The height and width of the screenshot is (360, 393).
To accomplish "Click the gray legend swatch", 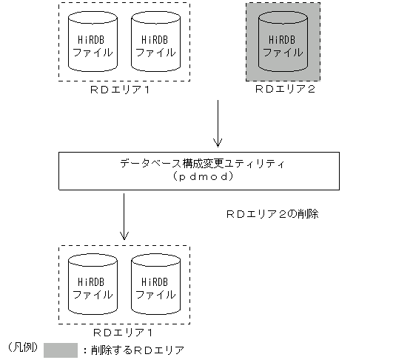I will pyautogui.click(x=61, y=349).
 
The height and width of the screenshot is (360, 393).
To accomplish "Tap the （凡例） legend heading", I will pyautogui.click(x=22, y=347).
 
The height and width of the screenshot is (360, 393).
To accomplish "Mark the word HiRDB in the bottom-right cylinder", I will pyautogui.click(x=154, y=282).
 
